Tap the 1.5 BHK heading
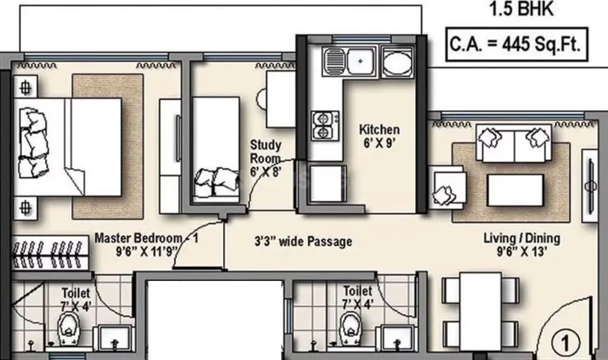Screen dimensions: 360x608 click(x=520, y=10)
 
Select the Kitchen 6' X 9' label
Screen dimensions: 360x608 click(x=379, y=136)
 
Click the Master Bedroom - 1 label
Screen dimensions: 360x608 click(x=147, y=243)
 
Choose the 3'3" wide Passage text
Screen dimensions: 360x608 click(x=303, y=241)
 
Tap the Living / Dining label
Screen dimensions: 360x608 click(x=522, y=243)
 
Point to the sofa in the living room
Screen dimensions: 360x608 click(x=514, y=144)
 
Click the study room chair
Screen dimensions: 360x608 click(x=263, y=99)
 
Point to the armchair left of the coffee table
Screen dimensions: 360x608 click(x=449, y=187)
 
